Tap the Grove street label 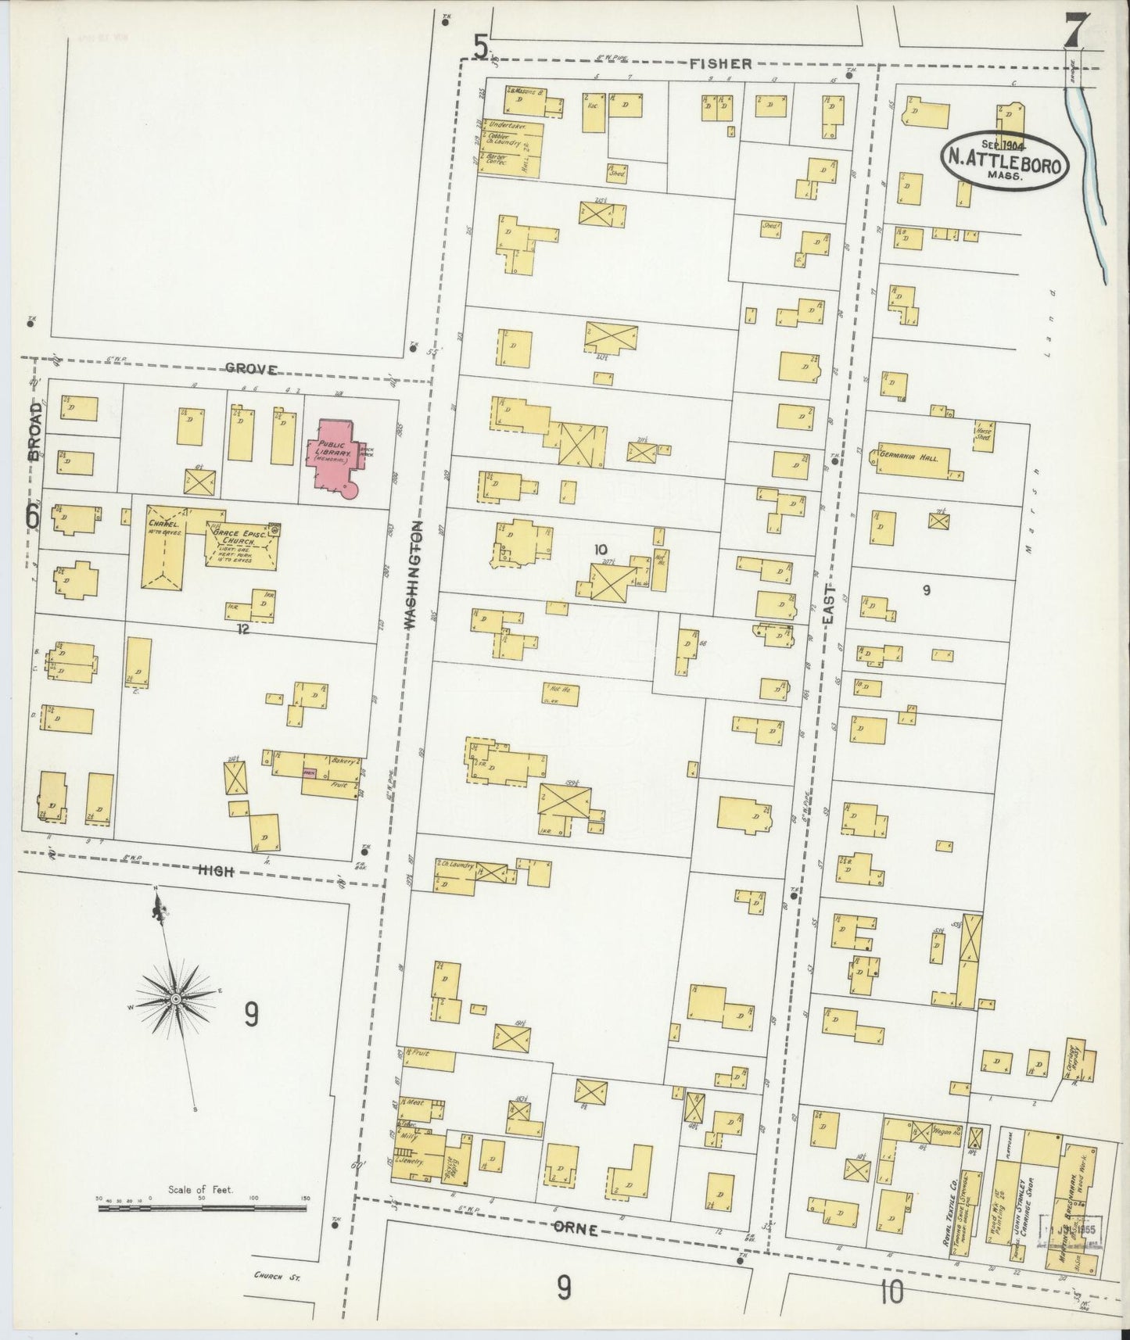(251, 369)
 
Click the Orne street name (576, 1230)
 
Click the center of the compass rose (177, 999)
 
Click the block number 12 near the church (243, 627)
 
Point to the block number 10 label (600, 550)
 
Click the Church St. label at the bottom (277, 1277)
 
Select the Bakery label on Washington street (344, 760)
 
